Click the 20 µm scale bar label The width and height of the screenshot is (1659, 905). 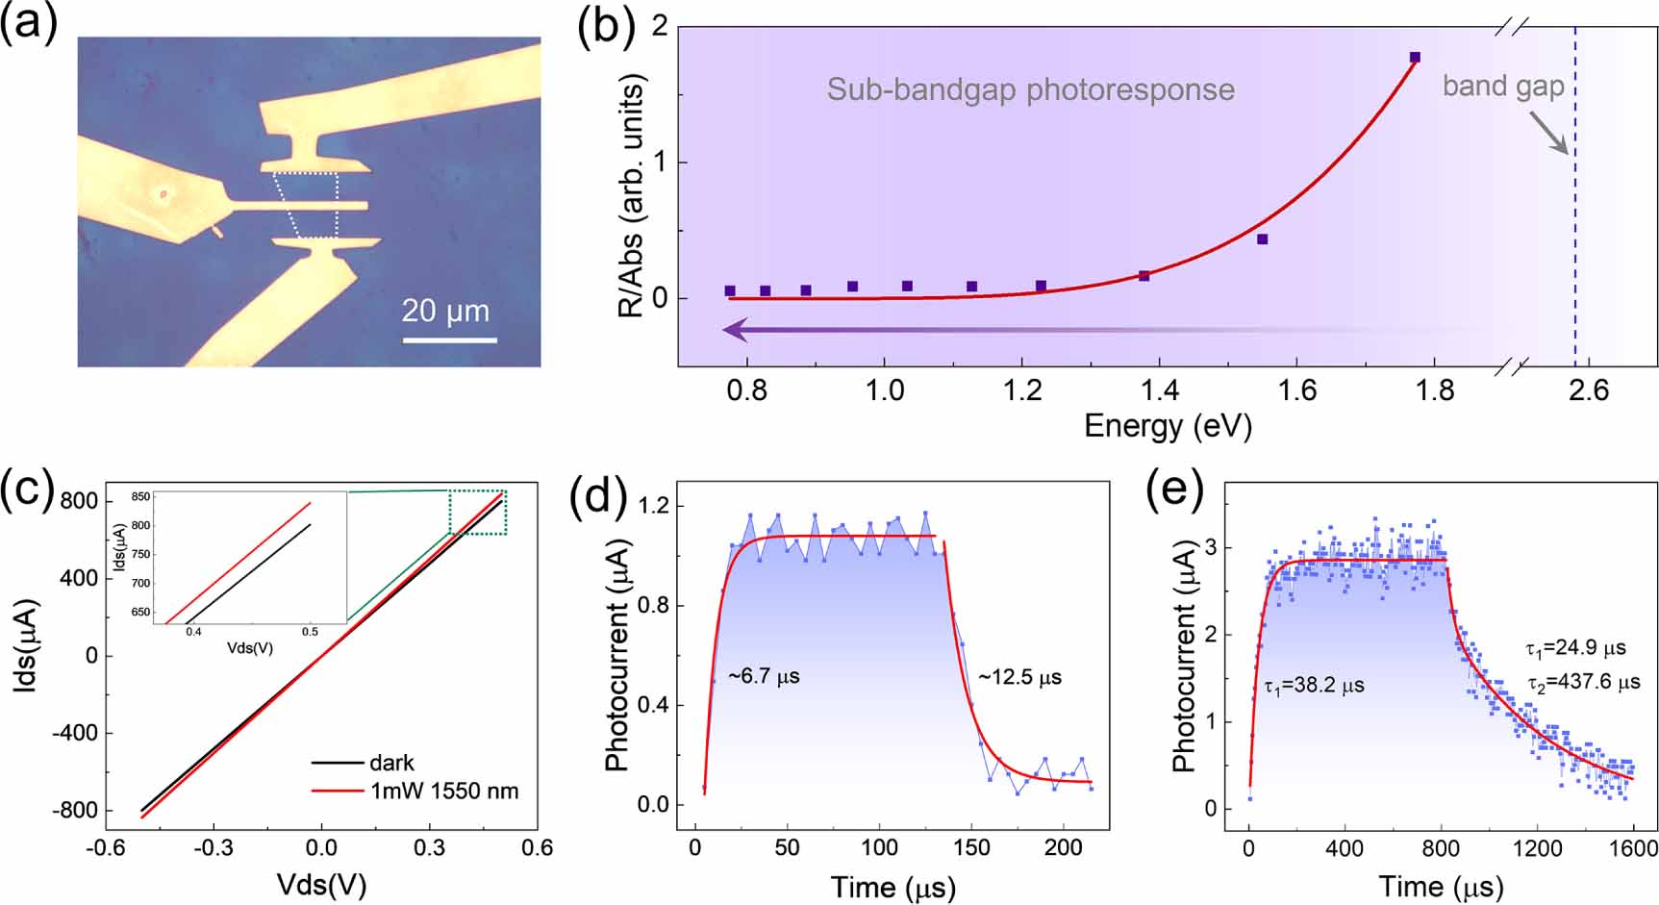coord(445,311)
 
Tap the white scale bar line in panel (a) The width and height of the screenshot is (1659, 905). coord(449,339)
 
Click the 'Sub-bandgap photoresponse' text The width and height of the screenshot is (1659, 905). coord(1030,89)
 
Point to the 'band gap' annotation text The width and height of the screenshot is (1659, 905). coord(1502,87)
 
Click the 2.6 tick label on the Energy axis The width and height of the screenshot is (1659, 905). coord(1588,390)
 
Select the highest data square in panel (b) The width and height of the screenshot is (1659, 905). coord(1415,58)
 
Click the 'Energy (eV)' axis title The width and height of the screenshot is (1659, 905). coord(1168,424)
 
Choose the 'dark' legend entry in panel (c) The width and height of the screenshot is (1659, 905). coord(391,763)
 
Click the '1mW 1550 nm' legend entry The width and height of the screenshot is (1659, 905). coord(443,791)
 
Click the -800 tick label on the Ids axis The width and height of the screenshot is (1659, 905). coord(79,810)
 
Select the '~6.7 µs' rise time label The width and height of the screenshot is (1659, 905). coord(764,677)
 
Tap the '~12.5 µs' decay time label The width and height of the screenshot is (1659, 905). coord(1019,677)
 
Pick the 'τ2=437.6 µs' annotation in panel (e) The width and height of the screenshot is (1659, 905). coord(1582,683)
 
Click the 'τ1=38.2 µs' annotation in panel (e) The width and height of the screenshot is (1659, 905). coord(1313,686)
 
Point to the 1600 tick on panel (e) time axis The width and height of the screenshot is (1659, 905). coord(1632,848)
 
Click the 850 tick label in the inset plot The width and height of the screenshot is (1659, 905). coord(139,496)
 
